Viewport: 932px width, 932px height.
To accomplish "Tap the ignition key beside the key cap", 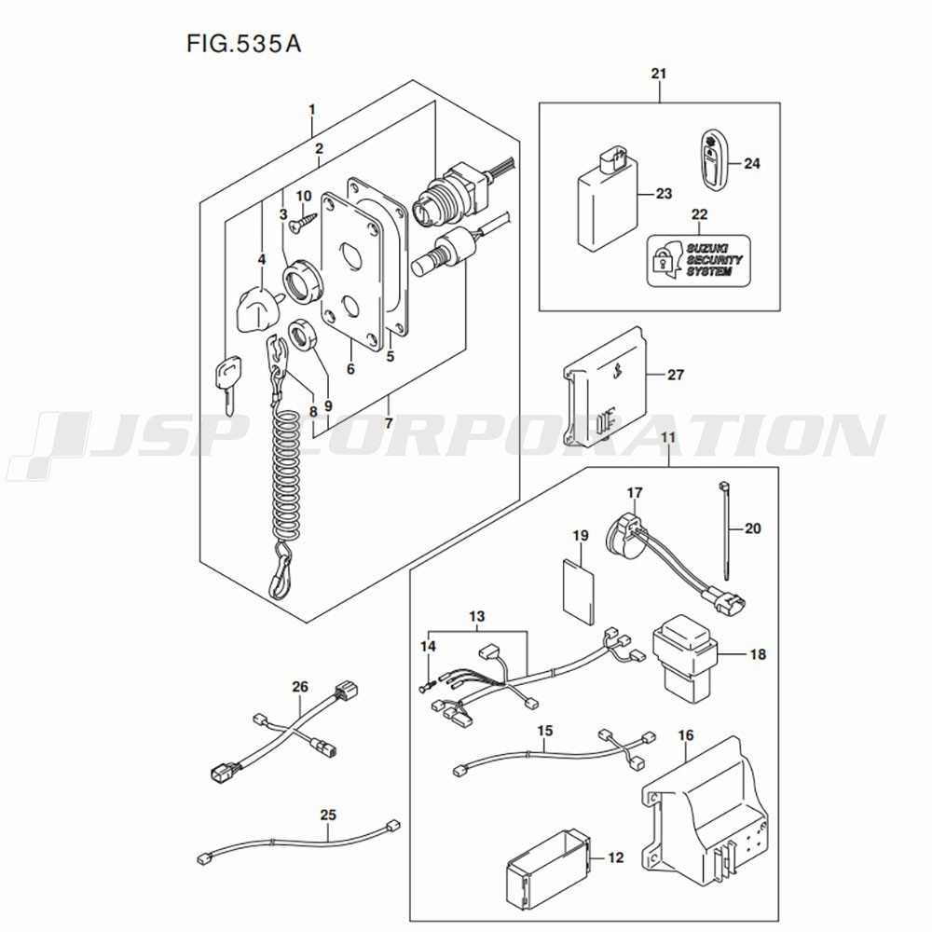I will point(226,383).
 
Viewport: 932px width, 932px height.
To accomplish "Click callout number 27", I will point(676,375).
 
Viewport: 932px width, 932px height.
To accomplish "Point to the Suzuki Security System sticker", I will point(699,258).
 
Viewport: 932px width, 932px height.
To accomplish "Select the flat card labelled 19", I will point(579,587).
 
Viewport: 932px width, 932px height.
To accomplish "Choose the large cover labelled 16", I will point(708,806).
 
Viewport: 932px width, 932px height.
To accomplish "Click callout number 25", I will point(327,815).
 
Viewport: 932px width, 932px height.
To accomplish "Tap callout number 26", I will point(299,687).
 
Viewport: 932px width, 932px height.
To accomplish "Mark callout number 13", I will point(476,617).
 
